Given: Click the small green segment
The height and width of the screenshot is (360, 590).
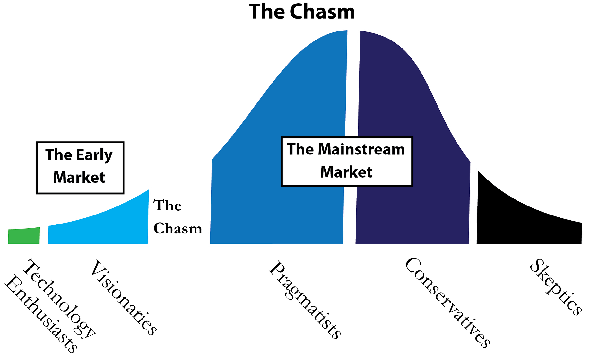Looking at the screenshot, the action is pos(24,236).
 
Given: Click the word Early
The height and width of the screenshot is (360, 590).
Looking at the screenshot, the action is pos(94,155).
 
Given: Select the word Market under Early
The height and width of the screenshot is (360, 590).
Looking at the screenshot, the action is pos(79,177).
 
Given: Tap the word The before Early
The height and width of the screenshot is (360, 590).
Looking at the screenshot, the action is pos(59,155).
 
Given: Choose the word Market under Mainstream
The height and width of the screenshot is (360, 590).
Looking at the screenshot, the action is pos(346,172).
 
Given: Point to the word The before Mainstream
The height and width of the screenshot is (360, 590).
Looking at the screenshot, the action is pos(300,149).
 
